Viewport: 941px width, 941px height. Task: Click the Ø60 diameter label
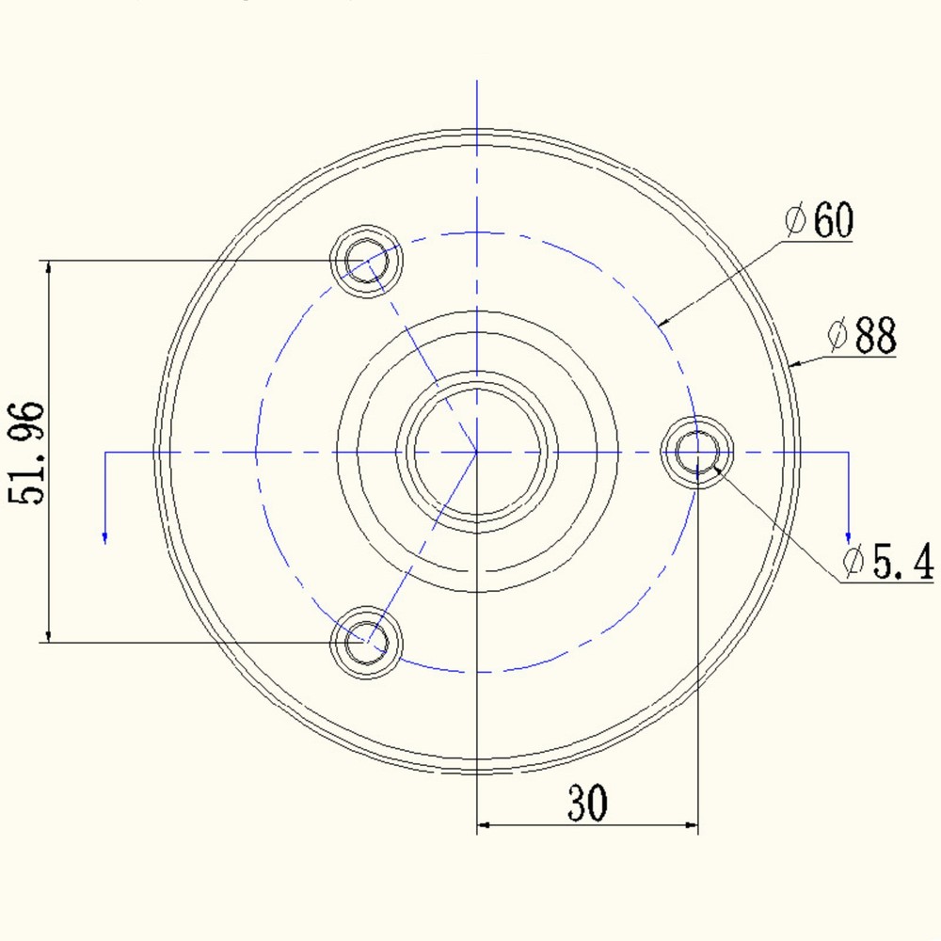coord(820,219)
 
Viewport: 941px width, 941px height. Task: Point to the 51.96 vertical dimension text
coord(26,453)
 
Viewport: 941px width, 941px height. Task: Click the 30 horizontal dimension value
coord(587,802)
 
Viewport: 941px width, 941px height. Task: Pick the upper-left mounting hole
coord(366,261)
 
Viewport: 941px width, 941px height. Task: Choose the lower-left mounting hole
coord(366,643)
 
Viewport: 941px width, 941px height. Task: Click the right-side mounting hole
coord(697,452)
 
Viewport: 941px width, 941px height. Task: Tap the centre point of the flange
coord(477,452)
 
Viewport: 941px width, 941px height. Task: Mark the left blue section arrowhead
coord(105,537)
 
